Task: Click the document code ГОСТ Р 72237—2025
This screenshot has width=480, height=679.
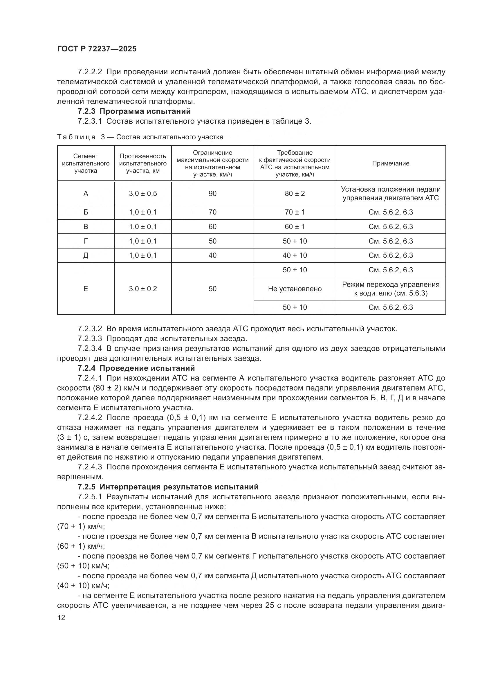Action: tap(97, 49)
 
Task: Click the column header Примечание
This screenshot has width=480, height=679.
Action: tap(390, 163)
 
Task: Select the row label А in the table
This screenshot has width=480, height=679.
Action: tap(86, 194)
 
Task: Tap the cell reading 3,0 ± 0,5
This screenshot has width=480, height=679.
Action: tap(143, 194)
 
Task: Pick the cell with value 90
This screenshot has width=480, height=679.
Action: tap(212, 194)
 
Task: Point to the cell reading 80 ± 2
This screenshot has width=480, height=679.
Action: tap(295, 194)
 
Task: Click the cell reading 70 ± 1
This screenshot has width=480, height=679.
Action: tap(295, 212)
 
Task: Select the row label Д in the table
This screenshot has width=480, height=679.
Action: tap(86, 255)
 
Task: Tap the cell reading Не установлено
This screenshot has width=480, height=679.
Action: tap(295, 289)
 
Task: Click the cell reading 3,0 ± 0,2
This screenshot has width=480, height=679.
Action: tap(143, 289)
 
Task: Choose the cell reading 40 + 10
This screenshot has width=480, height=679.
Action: tap(295, 255)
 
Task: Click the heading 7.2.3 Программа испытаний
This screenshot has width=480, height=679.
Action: tap(134, 111)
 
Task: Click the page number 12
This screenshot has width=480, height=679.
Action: tap(61, 618)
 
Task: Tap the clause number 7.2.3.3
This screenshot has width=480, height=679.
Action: tap(90, 338)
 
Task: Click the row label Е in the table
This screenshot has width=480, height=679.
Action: tap(86, 289)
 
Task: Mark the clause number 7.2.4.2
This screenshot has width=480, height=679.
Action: tap(90, 417)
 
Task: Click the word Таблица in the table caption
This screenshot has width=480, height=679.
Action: tap(76, 137)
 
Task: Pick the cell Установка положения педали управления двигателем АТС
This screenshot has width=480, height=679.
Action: tap(390, 194)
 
